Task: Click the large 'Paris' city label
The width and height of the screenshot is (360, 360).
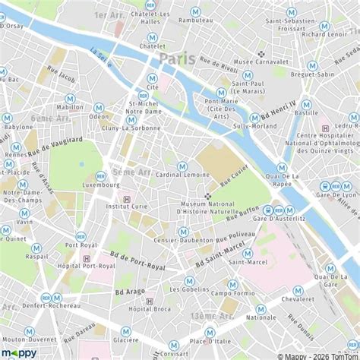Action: pyautogui.click(x=178, y=58)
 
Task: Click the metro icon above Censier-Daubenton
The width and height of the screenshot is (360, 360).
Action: pyautogui.click(x=183, y=232)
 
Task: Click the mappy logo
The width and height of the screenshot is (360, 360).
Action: pyautogui.click(x=19, y=352)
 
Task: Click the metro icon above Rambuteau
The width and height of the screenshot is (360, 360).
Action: pyautogui.click(x=196, y=12)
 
